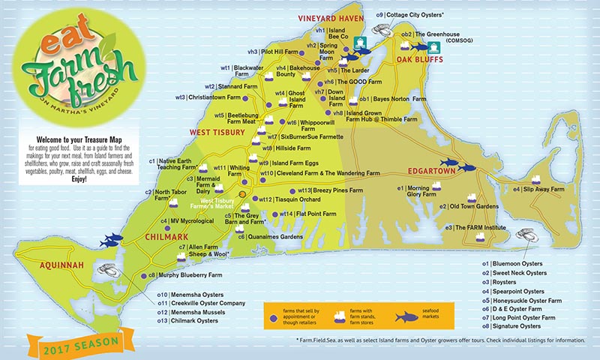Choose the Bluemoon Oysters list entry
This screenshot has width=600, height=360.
click(x=514, y=264)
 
